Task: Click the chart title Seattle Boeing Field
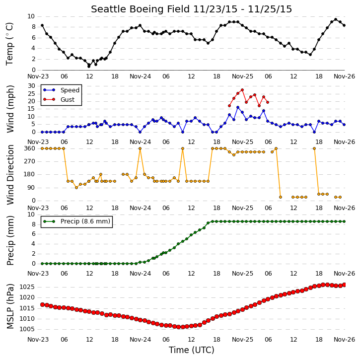pyautogui.click(x=141, y=9)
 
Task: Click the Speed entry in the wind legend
pyautogui.click(x=61, y=90)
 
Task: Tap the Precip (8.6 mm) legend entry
pyautogui.click(x=76, y=221)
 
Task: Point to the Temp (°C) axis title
pyautogui.click(x=9, y=44)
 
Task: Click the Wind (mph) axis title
pyautogui.click(x=10, y=109)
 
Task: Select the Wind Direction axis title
pyautogui.click(x=10, y=174)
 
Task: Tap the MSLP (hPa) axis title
pyautogui.click(x=10, y=306)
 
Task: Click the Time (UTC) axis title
pyautogui.click(x=192, y=350)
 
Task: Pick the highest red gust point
pyautogui.click(x=242, y=90)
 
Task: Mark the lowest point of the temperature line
pyautogui.click(x=89, y=67)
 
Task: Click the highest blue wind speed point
pyautogui.click(x=238, y=107)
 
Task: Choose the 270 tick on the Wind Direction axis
pyautogui.click(x=30, y=161)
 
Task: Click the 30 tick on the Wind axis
pyautogui.click(x=31, y=86)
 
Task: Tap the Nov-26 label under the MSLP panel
pyautogui.click(x=344, y=339)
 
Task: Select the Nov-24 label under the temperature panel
pyautogui.click(x=141, y=76)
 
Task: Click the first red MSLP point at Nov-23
pyautogui.click(x=42, y=304)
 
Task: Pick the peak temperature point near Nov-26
pyautogui.click(x=336, y=19)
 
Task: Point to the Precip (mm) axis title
pyautogui.click(x=10, y=240)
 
